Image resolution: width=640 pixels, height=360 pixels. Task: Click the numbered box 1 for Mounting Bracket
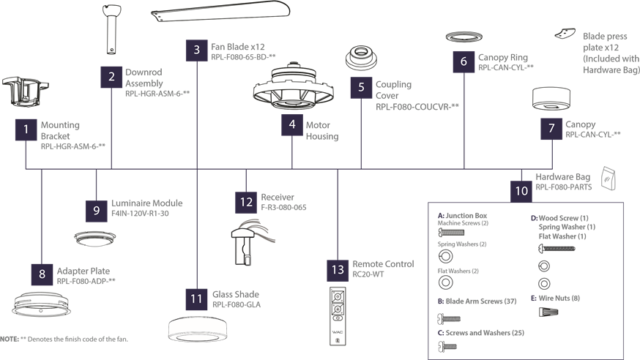(26, 130)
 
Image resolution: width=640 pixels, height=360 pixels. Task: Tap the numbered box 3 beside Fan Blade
(197, 50)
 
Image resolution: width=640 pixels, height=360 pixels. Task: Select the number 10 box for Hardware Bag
(521, 191)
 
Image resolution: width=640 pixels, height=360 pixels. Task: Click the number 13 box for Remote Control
(338, 270)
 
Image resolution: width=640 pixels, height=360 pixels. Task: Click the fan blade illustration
(220, 12)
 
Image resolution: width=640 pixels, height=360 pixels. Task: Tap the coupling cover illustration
(361, 58)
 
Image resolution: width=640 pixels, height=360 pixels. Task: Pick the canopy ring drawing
(464, 37)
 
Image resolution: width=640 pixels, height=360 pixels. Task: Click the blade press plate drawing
(565, 34)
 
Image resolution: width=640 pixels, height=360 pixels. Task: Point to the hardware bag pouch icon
(609, 178)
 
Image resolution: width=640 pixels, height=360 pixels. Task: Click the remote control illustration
(338, 316)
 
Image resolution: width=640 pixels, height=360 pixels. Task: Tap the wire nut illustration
(548, 312)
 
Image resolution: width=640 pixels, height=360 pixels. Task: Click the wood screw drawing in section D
(557, 248)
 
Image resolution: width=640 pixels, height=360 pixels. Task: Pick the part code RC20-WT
(368, 274)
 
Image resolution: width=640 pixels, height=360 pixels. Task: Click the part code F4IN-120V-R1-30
(140, 213)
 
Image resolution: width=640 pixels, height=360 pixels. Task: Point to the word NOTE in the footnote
(10, 340)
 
